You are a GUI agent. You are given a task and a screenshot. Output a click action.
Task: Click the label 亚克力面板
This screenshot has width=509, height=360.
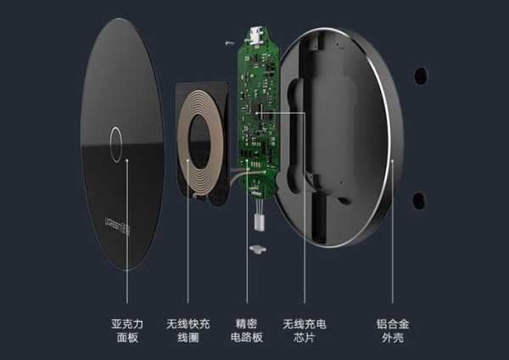(127, 331)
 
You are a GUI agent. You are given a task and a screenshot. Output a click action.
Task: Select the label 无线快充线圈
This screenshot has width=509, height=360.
(188, 331)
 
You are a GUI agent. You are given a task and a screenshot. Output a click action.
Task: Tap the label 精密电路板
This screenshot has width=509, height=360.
(247, 331)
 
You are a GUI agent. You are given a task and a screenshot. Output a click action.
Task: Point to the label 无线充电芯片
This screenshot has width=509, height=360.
(305, 331)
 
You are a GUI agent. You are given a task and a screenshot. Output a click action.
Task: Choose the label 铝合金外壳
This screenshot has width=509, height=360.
(393, 331)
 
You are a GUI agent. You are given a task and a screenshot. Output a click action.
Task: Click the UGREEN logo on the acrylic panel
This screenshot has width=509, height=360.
(118, 226)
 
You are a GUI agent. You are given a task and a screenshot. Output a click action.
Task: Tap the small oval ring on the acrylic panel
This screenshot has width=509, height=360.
(116, 144)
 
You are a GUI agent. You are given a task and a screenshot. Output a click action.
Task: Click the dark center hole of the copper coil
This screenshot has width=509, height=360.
(199, 142)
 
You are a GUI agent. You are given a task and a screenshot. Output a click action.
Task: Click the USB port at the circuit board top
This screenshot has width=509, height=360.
(256, 35)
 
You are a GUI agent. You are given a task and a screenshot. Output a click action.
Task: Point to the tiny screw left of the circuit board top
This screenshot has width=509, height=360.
(230, 43)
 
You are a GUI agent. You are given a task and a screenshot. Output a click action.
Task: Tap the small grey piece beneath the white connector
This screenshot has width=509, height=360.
(258, 250)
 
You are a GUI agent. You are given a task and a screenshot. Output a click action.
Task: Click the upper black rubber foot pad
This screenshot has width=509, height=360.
(421, 76)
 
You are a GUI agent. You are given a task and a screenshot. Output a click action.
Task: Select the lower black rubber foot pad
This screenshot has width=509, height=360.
(419, 200)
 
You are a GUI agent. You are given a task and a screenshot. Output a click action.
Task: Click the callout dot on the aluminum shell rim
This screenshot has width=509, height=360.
(392, 160)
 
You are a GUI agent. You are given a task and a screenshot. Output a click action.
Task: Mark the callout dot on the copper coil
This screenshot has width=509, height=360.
(187, 160)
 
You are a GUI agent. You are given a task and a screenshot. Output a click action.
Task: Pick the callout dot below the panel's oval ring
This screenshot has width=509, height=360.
(127, 160)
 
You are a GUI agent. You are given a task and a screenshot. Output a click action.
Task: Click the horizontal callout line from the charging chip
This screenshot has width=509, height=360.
(281, 113)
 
